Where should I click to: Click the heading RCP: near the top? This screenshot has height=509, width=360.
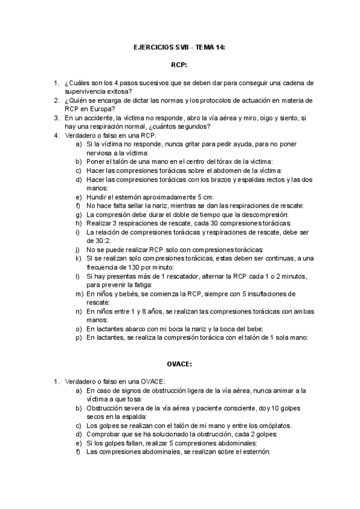[x=179, y=63]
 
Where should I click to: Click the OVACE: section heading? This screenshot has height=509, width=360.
[x=179, y=363]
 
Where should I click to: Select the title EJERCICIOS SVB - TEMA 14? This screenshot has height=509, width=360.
[x=179, y=46]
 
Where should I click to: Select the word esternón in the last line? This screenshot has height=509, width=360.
[x=254, y=452]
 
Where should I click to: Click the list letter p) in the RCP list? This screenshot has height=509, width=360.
[x=79, y=337]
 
